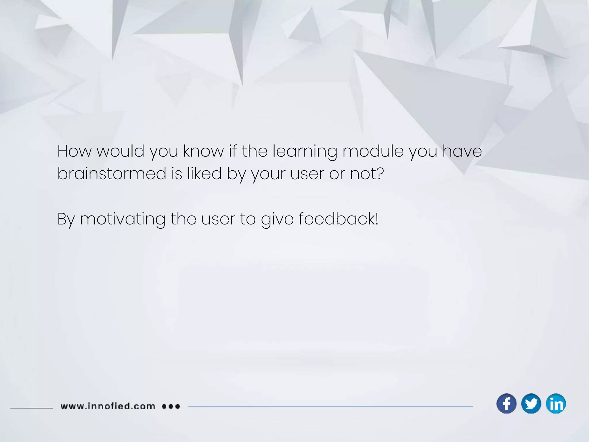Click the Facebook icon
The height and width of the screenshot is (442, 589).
[506, 403]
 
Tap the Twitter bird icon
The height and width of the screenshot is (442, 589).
[531, 403]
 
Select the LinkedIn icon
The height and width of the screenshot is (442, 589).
[556, 403]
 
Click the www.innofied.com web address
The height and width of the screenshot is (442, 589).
[108, 406]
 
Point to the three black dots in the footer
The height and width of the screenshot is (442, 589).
[171, 406]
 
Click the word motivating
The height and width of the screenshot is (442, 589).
[123, 219]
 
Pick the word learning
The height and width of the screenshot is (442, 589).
[305, 152]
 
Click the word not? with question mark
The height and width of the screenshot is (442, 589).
[367, 174]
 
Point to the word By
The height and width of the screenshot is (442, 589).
[66, 219]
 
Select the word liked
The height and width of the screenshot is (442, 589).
[204, 174]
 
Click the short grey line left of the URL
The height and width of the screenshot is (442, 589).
[31, 408]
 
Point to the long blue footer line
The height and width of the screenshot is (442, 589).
[331, 406]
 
